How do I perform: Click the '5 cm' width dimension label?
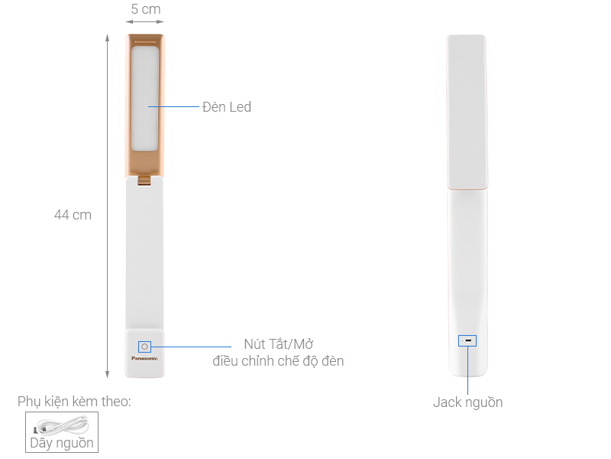pyautogui.click(x=145, y=9)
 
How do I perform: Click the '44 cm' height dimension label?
pyautogui.click(x=73, y=215)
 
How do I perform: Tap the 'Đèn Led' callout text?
pyautogui.click(x=227, y=107)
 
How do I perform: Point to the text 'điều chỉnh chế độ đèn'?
pyautogui.click(x=278, y=360)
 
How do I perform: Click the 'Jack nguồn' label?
pyautogui.click(x=467, y=402)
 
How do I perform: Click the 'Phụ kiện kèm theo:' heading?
pyautogui.click(x=75, y=401)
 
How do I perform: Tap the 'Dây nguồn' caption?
pyautogui.click(x=62, y=442)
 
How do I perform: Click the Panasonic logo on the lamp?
pyautogui.click(x=145, y=357)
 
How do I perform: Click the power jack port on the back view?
pyautogui.click(x=467, y=340)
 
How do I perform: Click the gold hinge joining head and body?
pyautogui.click(x=145, y=180)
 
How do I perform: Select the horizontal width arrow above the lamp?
pyautogui.click(x=145, y=22)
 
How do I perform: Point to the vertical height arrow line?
pyautogui.click(x=107, y=207)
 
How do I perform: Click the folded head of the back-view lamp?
pyautogui.click(x=467, y=111)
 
